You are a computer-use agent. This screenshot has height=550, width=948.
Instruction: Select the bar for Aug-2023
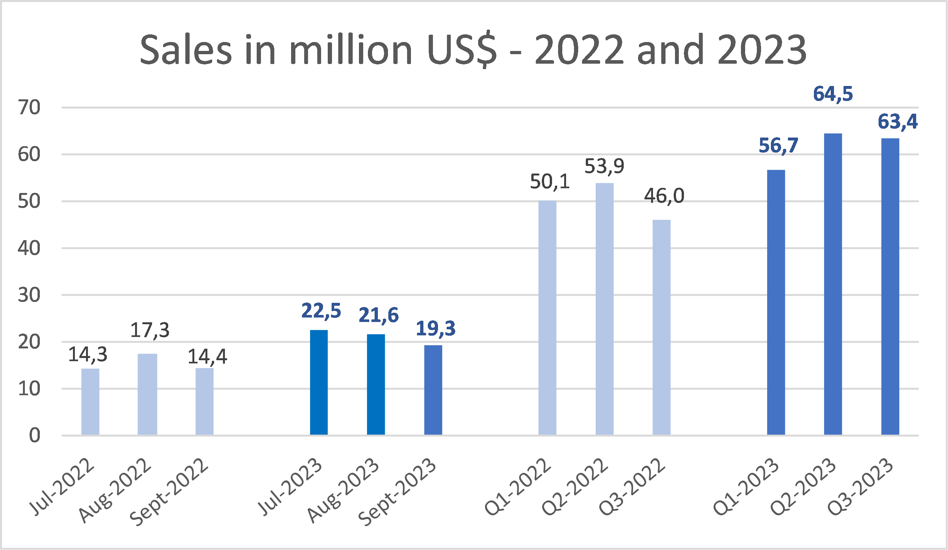pos(376,384)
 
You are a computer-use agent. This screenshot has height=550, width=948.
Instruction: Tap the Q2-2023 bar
pos(833,284)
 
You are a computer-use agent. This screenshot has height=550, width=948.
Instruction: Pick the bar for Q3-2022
pos(661,327)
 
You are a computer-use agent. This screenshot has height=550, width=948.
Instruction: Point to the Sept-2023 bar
pos(433,390)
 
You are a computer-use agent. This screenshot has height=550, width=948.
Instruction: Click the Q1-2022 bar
pos(547,318)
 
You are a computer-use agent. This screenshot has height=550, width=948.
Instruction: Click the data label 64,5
pos(833,94)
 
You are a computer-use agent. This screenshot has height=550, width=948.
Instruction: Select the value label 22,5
pos(321,311)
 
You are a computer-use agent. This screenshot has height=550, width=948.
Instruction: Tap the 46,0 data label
pos(664,196)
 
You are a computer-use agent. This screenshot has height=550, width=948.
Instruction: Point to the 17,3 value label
pos(150,330)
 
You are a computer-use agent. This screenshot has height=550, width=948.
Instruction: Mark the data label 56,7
pos(778,146)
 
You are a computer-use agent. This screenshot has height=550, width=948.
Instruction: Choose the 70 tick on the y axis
pos(29,108)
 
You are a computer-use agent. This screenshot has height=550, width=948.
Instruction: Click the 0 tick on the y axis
pos(35,436)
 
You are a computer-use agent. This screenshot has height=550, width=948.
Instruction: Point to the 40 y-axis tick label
pos(29,249)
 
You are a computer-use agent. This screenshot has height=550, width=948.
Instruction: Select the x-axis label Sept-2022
pos(169,492)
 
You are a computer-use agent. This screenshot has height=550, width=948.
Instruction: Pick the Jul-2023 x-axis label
pos(290,487)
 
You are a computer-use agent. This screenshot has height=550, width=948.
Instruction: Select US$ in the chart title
pos(462,50)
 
